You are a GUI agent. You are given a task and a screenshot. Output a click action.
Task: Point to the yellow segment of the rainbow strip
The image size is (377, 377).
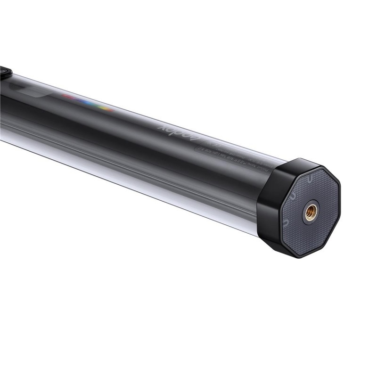click(x=106, y=108)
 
